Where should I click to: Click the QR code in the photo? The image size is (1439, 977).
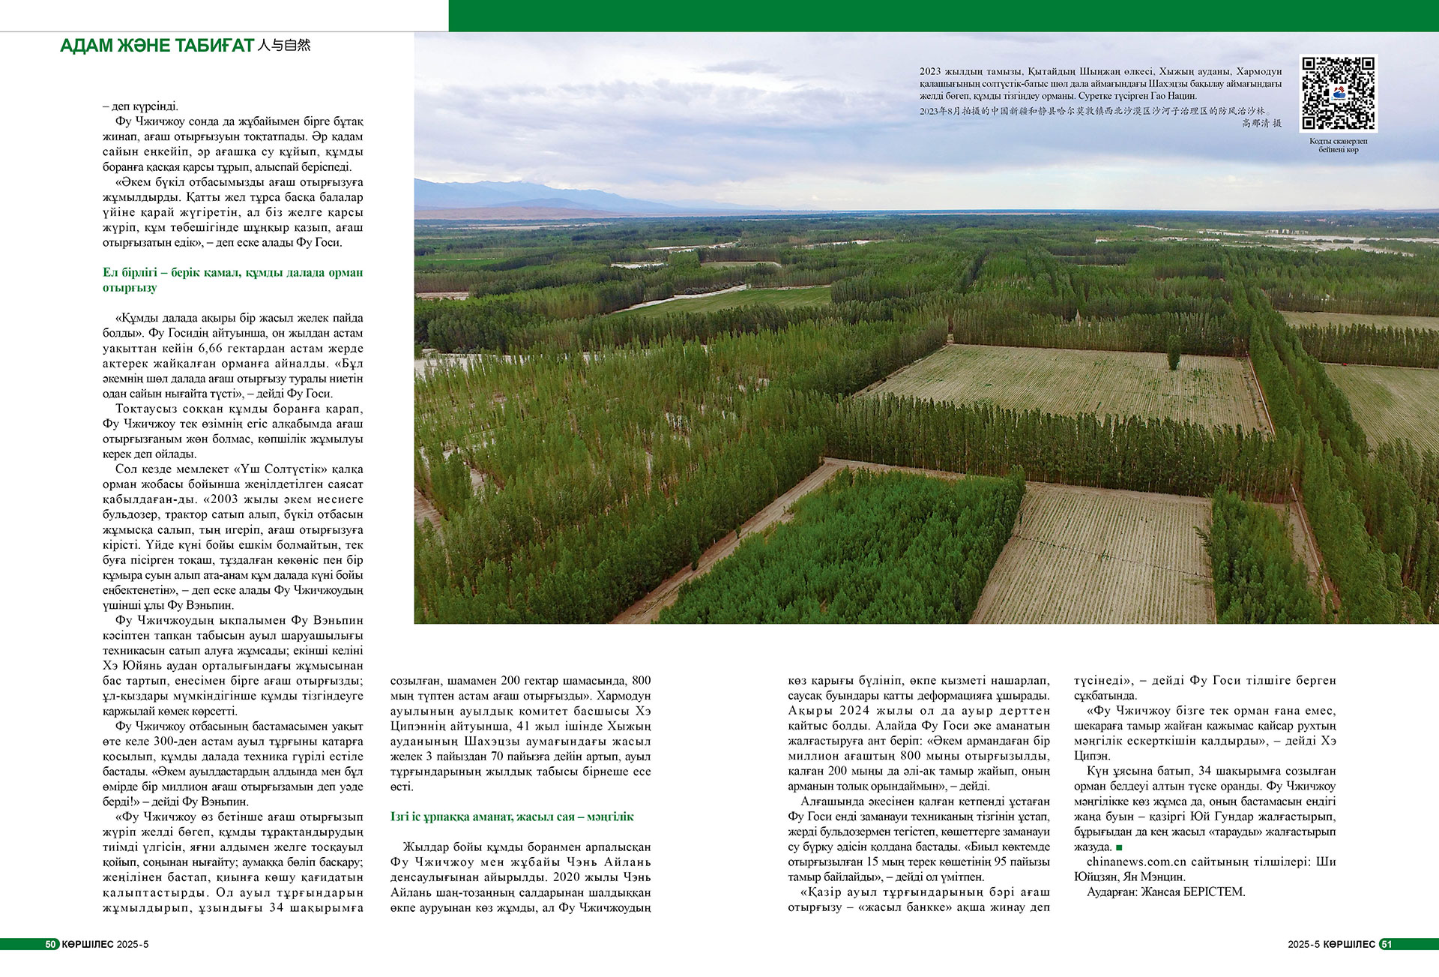pos(1338,93)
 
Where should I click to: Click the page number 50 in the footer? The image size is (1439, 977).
pos(51,944)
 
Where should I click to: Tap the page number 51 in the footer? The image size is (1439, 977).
pos(1386,944)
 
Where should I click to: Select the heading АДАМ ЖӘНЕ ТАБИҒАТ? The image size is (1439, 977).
pos(157,46)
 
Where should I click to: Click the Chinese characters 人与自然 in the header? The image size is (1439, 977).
pos(283,45)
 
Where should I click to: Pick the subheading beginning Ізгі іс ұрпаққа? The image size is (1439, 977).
pos(512,817)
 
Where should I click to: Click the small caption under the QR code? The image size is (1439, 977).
pos(1338,145)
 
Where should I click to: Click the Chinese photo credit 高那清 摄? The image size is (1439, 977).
pos(1261,123)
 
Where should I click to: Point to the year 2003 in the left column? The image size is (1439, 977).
pos(224,499)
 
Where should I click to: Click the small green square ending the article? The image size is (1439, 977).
pos(1119,847)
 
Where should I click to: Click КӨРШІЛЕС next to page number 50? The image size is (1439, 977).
pos(87,944)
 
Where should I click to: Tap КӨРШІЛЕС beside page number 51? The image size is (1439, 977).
pos(1349,944)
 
